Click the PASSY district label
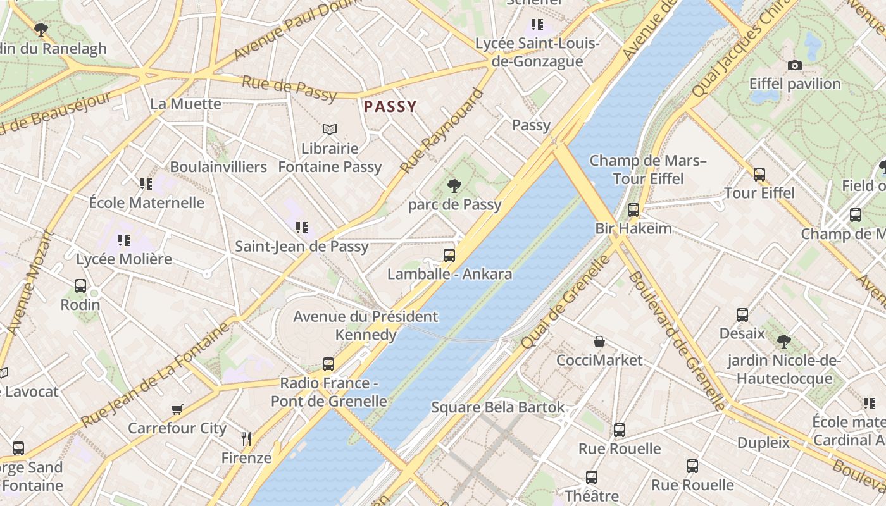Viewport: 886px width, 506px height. point(390,106)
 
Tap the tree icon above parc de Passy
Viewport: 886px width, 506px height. point(454,186)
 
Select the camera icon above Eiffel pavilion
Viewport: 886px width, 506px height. point(794,65)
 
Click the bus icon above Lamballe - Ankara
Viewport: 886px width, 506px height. point(449,256)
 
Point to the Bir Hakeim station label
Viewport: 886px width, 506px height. point(633,228)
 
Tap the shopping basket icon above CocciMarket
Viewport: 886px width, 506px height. point(599,342)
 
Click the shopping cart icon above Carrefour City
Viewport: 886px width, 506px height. point(177,410)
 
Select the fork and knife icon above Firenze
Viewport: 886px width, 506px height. point(246,438)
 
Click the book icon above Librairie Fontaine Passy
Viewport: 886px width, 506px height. point(330,130)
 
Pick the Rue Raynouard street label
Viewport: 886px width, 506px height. point(441,132)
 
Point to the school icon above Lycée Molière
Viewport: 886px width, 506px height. point(124,240)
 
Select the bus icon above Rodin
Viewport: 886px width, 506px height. point(80,286)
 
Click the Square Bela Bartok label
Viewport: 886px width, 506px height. point(497,407)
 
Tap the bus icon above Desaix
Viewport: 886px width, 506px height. point(742,315)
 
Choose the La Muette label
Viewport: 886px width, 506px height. point(185,104)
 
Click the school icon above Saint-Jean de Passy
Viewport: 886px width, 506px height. point(302,227)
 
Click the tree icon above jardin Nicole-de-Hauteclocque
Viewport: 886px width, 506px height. point(784,342)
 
